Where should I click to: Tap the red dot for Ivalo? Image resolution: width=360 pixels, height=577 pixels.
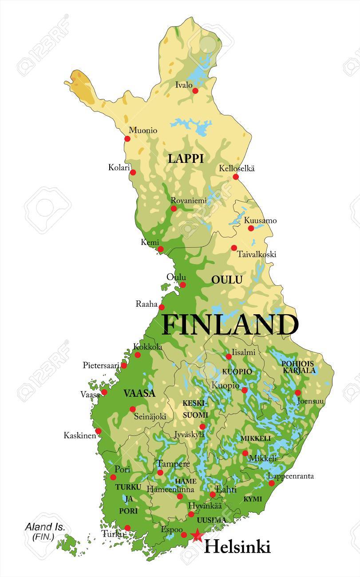click(x=195, y=91)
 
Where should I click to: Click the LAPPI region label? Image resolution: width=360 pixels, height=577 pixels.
click(x=186, y=159)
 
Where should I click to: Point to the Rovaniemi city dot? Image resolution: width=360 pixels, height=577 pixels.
click(x=174, y=208)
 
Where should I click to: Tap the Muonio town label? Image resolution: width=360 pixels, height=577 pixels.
click(x=143, y=130)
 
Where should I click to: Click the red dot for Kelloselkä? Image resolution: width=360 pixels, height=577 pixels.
click(x=236, y=177)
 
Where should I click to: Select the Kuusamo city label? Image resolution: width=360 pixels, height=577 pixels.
click(x=261, y=221)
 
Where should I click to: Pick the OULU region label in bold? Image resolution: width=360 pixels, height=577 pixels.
click(x=227, y=280)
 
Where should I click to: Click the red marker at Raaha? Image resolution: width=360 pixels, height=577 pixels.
click(x=162, y=307)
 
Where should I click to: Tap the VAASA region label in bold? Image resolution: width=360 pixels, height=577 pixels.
click(x=139, y=393)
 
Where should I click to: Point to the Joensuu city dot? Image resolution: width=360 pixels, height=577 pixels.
click(x=298, y=393)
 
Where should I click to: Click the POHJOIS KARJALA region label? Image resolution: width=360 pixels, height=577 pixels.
click(x=298, y=367)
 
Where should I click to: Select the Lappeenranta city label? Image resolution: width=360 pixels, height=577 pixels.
click(x=291, y=476)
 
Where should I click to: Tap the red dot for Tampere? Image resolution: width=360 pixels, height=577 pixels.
click(x=160, y=473)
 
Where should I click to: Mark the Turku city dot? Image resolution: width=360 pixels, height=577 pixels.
click(x=127, y=528)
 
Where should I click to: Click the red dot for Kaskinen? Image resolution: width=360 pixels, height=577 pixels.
click(x=98, y=431)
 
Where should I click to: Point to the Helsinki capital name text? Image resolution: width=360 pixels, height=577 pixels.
click(x=237, y=547)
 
